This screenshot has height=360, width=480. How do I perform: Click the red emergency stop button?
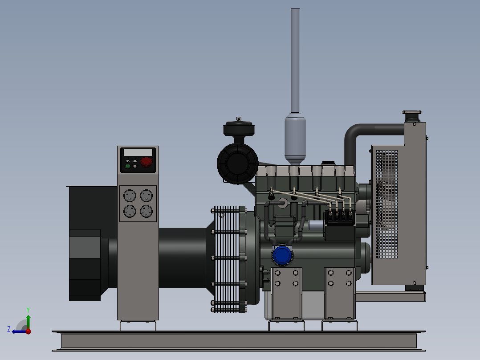(146, 162)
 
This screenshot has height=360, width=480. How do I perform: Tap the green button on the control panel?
(128, 166)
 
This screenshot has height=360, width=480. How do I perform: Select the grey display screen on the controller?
(138, 152)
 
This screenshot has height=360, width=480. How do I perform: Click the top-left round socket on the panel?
(129, 196)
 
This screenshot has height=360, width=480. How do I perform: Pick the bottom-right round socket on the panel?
(146, 211)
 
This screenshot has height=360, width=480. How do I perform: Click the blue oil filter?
(282, 255)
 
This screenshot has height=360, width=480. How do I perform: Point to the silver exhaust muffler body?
(295, 138)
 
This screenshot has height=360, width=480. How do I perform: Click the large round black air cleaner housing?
(237, 163)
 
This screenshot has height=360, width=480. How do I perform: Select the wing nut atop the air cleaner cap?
(239, 119)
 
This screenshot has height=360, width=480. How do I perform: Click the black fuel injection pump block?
(340, 219)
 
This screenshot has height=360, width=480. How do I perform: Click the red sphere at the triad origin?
(28, 331)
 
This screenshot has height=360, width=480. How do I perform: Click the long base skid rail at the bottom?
(239, 341)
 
